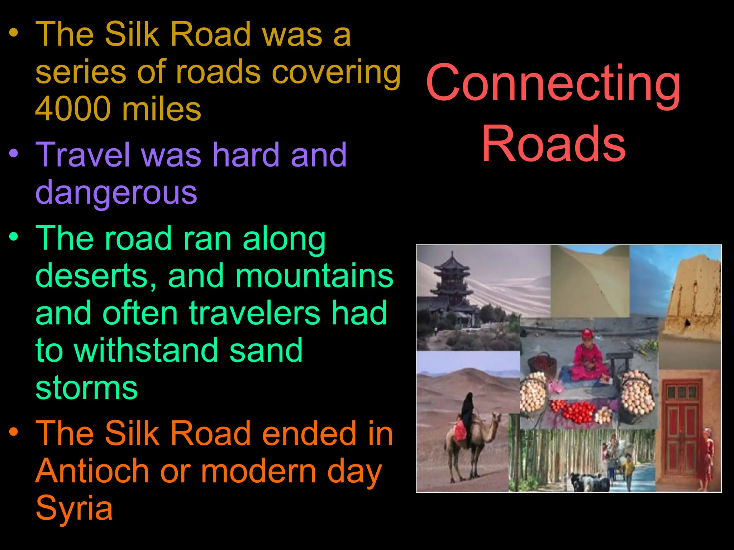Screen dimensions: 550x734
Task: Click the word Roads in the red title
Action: tap(553, 144)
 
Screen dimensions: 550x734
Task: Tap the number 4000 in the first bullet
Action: tap(73, 109)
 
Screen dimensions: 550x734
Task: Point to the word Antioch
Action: tap(92, 471)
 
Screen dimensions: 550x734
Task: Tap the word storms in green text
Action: tap(87, 388)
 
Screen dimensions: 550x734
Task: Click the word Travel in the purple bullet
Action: tap(84, 155)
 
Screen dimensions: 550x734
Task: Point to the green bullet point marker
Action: tap(14, 237)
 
